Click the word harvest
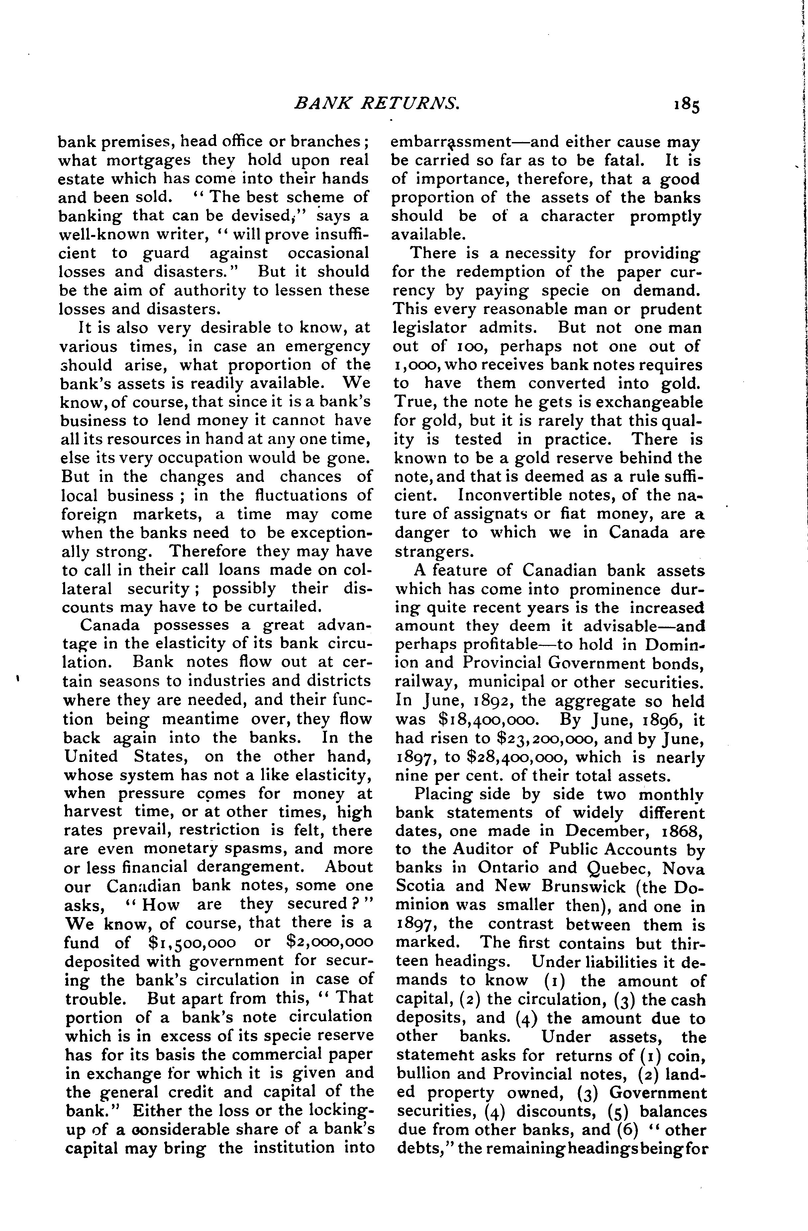coord(93,812)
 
